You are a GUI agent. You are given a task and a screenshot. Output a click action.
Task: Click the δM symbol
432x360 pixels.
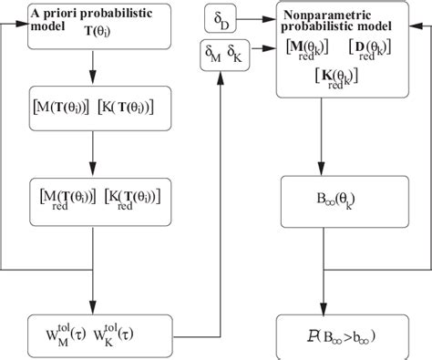[212, 57]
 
